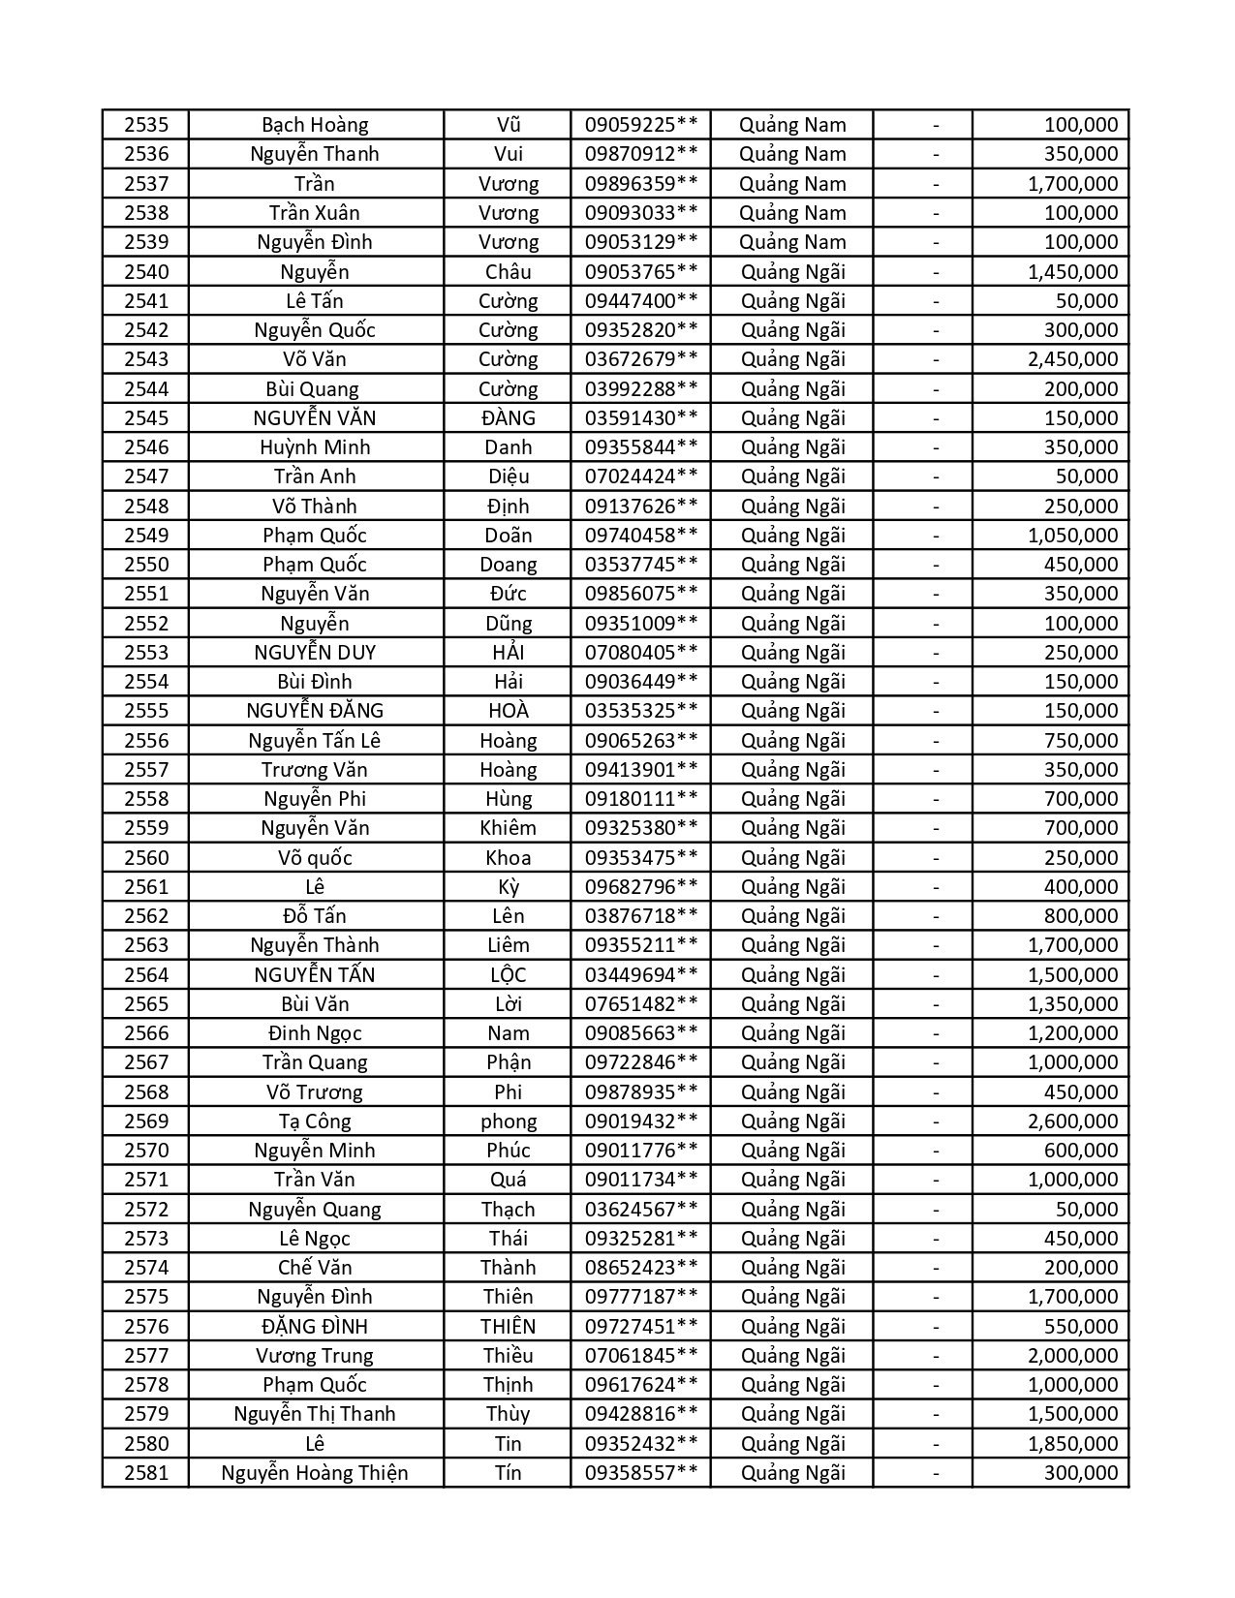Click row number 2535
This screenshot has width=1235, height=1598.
(146, 125)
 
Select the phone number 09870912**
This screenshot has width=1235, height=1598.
(640, 154)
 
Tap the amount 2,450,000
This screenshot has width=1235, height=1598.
(1072, 359)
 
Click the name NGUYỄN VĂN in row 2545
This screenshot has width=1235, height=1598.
(315, 418)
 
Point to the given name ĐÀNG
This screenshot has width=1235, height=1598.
(508, 418)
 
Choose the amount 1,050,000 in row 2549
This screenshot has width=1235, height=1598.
(1072, 536)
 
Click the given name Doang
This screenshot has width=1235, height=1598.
(508, 565)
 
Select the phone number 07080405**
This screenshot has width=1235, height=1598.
(640, 653)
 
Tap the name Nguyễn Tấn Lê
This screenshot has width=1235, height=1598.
(315, 741)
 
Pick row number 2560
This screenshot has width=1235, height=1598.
(146, 858)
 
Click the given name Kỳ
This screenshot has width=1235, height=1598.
(508, 887)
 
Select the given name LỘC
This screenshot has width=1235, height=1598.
(508, 975)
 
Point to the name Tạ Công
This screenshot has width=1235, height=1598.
(315, 1122)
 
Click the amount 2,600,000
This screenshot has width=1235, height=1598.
(1072, 1122)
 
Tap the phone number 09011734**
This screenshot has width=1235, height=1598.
(640, 1180)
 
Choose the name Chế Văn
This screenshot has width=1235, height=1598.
(315, 1268)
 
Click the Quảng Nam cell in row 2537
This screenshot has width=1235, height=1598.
(792, 184)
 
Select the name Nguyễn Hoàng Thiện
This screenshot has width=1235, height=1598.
(315, 1473)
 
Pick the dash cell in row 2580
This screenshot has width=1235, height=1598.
(936, 1444)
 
